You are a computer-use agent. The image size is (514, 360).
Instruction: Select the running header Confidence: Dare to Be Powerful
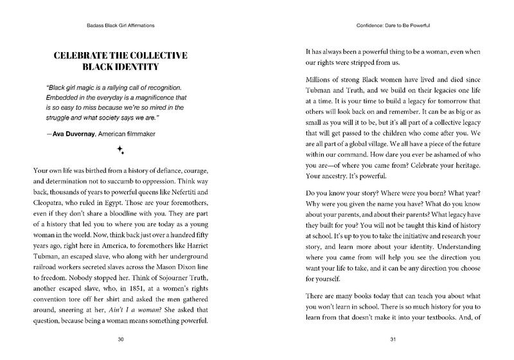pos(384,26)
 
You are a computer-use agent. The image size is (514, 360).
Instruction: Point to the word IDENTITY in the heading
pos(155,68)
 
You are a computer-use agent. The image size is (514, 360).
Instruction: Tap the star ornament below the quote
pos(120,150)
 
